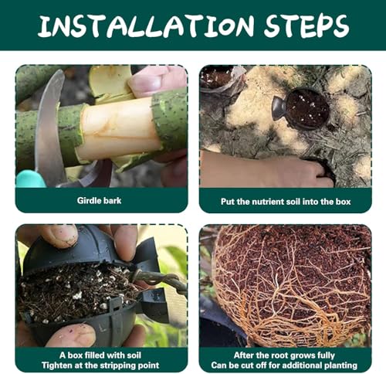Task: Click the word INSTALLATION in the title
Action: (146, 25)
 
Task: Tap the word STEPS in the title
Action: (306, 25)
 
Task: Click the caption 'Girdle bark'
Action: (99, 201)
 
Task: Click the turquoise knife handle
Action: (29, 178)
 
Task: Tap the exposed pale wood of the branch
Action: (118, 129)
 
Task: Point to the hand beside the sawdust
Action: (265, 170)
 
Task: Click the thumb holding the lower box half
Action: (71, 335)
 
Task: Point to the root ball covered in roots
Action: (291, 284)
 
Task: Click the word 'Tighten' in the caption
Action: (56, 365)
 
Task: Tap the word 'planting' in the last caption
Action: (340, 365)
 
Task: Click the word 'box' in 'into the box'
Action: (343, 202)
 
